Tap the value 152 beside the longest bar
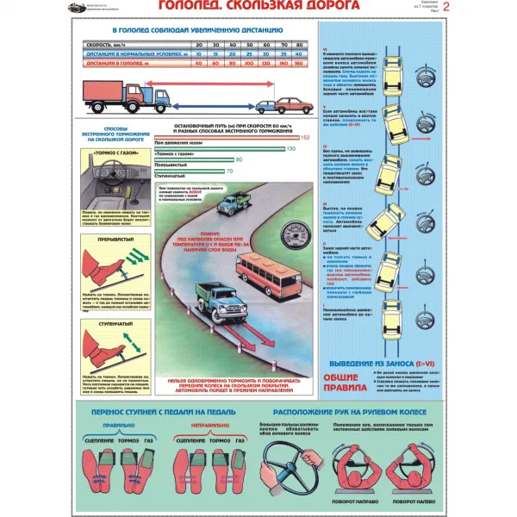coord(306,138)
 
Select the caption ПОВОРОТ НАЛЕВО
coord(414,501)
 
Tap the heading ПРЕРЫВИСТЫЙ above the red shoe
coord(109,242)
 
